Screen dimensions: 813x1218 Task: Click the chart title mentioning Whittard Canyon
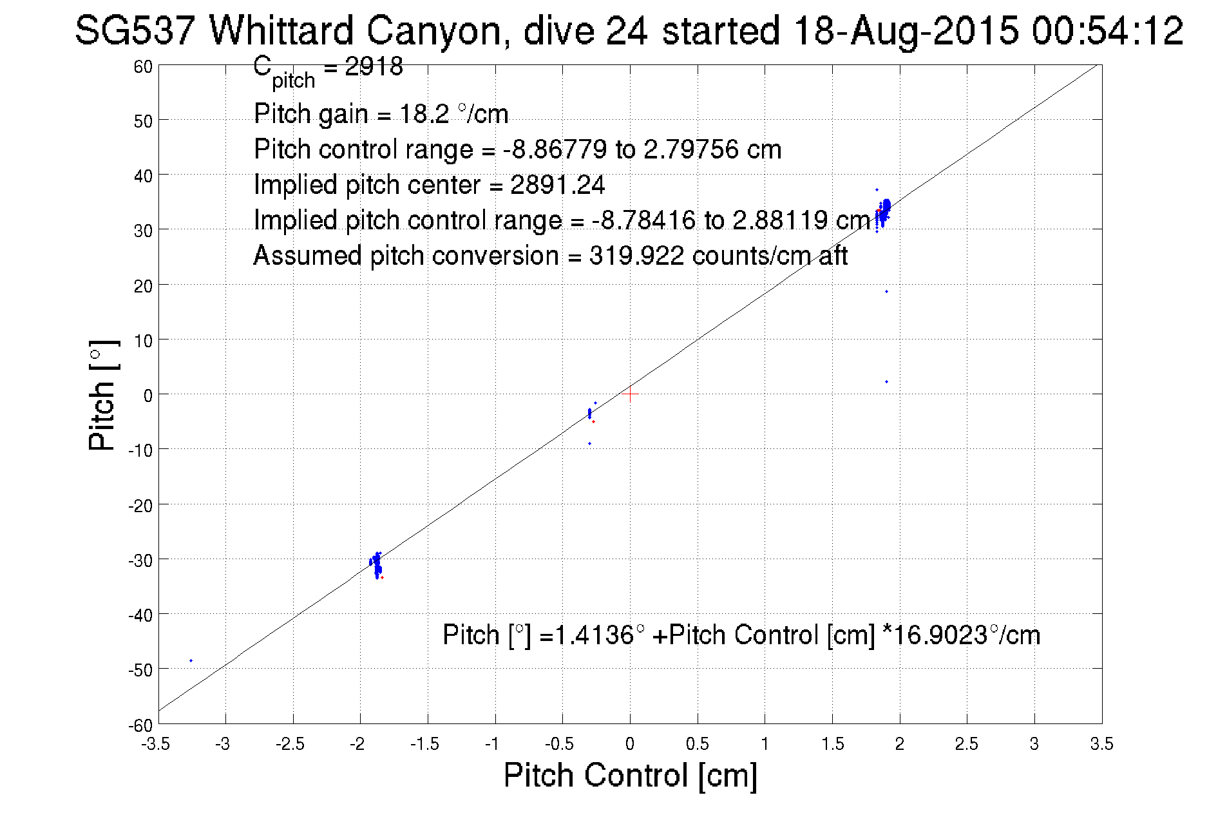click(629, 31)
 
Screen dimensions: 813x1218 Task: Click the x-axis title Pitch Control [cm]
click(630, 775)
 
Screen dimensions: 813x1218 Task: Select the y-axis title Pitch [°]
click(103, 395)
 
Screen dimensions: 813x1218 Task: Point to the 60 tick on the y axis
click(143, 66)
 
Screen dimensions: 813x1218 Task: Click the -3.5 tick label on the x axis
click(156, 745)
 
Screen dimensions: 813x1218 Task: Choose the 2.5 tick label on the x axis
click(966, 745)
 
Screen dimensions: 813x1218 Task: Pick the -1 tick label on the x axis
click(492, 745)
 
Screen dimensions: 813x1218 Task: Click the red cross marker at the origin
click(630, 394)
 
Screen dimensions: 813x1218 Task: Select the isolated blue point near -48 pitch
click(191, 660)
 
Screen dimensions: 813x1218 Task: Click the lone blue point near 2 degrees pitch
click(886, 382)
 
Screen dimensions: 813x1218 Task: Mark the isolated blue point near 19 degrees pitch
click(886, 292)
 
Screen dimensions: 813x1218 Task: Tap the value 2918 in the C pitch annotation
click(374, 66)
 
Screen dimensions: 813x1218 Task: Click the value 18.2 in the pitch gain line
click(424, 114)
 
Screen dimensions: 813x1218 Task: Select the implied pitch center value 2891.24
click(557, 185)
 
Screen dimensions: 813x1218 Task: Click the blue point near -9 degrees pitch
click(589, 443)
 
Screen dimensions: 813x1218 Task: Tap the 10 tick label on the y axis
click(143, 340)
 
